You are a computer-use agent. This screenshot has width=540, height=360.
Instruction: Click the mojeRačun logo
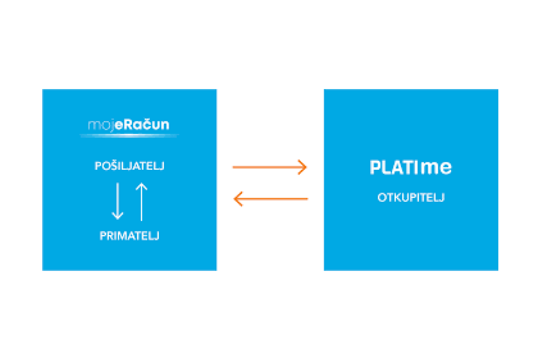tap(129, 125)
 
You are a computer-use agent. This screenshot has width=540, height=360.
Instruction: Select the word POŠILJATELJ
tap(129, 166)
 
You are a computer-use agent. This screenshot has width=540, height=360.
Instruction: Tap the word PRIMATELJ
tap(129, 236)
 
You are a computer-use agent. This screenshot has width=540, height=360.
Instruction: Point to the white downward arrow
tap(118, 201)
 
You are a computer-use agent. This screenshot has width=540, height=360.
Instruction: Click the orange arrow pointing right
tap(269, 167)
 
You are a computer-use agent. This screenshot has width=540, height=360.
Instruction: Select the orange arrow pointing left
tap(271, 199)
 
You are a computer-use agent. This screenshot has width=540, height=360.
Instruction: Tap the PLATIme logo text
tap(411, 168)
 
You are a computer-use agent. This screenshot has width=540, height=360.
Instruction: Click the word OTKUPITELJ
tap(411, 198)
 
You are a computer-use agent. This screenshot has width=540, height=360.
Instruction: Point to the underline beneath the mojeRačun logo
tap(129, 135)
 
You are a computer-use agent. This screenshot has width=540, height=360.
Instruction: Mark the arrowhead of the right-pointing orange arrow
tap(303, 167)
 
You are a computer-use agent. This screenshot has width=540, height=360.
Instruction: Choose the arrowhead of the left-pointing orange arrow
tap(237, 199)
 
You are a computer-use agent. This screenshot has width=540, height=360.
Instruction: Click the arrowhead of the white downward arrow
tap(118, 216)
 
